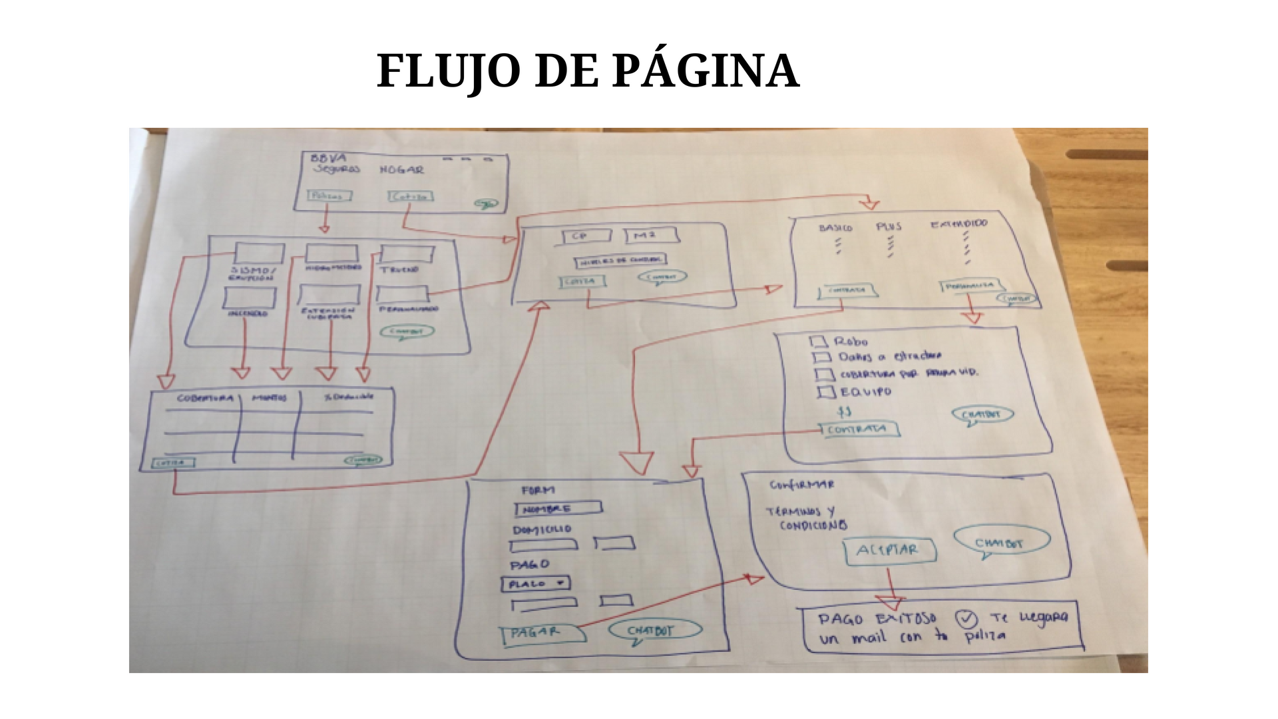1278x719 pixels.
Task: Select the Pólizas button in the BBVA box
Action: point(329,196)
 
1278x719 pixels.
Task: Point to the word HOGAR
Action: point(401,170)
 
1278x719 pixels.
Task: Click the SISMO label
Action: point(252,271)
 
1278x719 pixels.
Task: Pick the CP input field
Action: point(586,236)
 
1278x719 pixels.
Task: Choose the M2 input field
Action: point(651,236)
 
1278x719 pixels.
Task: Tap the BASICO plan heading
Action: point(835,228)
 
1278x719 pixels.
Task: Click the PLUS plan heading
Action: point(889,226)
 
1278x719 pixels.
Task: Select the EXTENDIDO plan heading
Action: point(959,224)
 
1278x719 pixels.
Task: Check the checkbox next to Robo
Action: point(818,342)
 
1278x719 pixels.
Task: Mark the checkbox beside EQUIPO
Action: point(826,392)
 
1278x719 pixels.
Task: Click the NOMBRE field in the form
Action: point(558,509)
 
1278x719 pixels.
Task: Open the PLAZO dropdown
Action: point(535,584)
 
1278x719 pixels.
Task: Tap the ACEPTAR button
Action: point(890,551)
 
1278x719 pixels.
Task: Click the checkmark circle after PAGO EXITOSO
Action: point(966,620)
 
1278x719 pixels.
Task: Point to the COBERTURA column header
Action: point(205,398)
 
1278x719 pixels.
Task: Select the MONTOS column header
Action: point(269,397)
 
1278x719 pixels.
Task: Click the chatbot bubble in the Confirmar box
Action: point(1000,541)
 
